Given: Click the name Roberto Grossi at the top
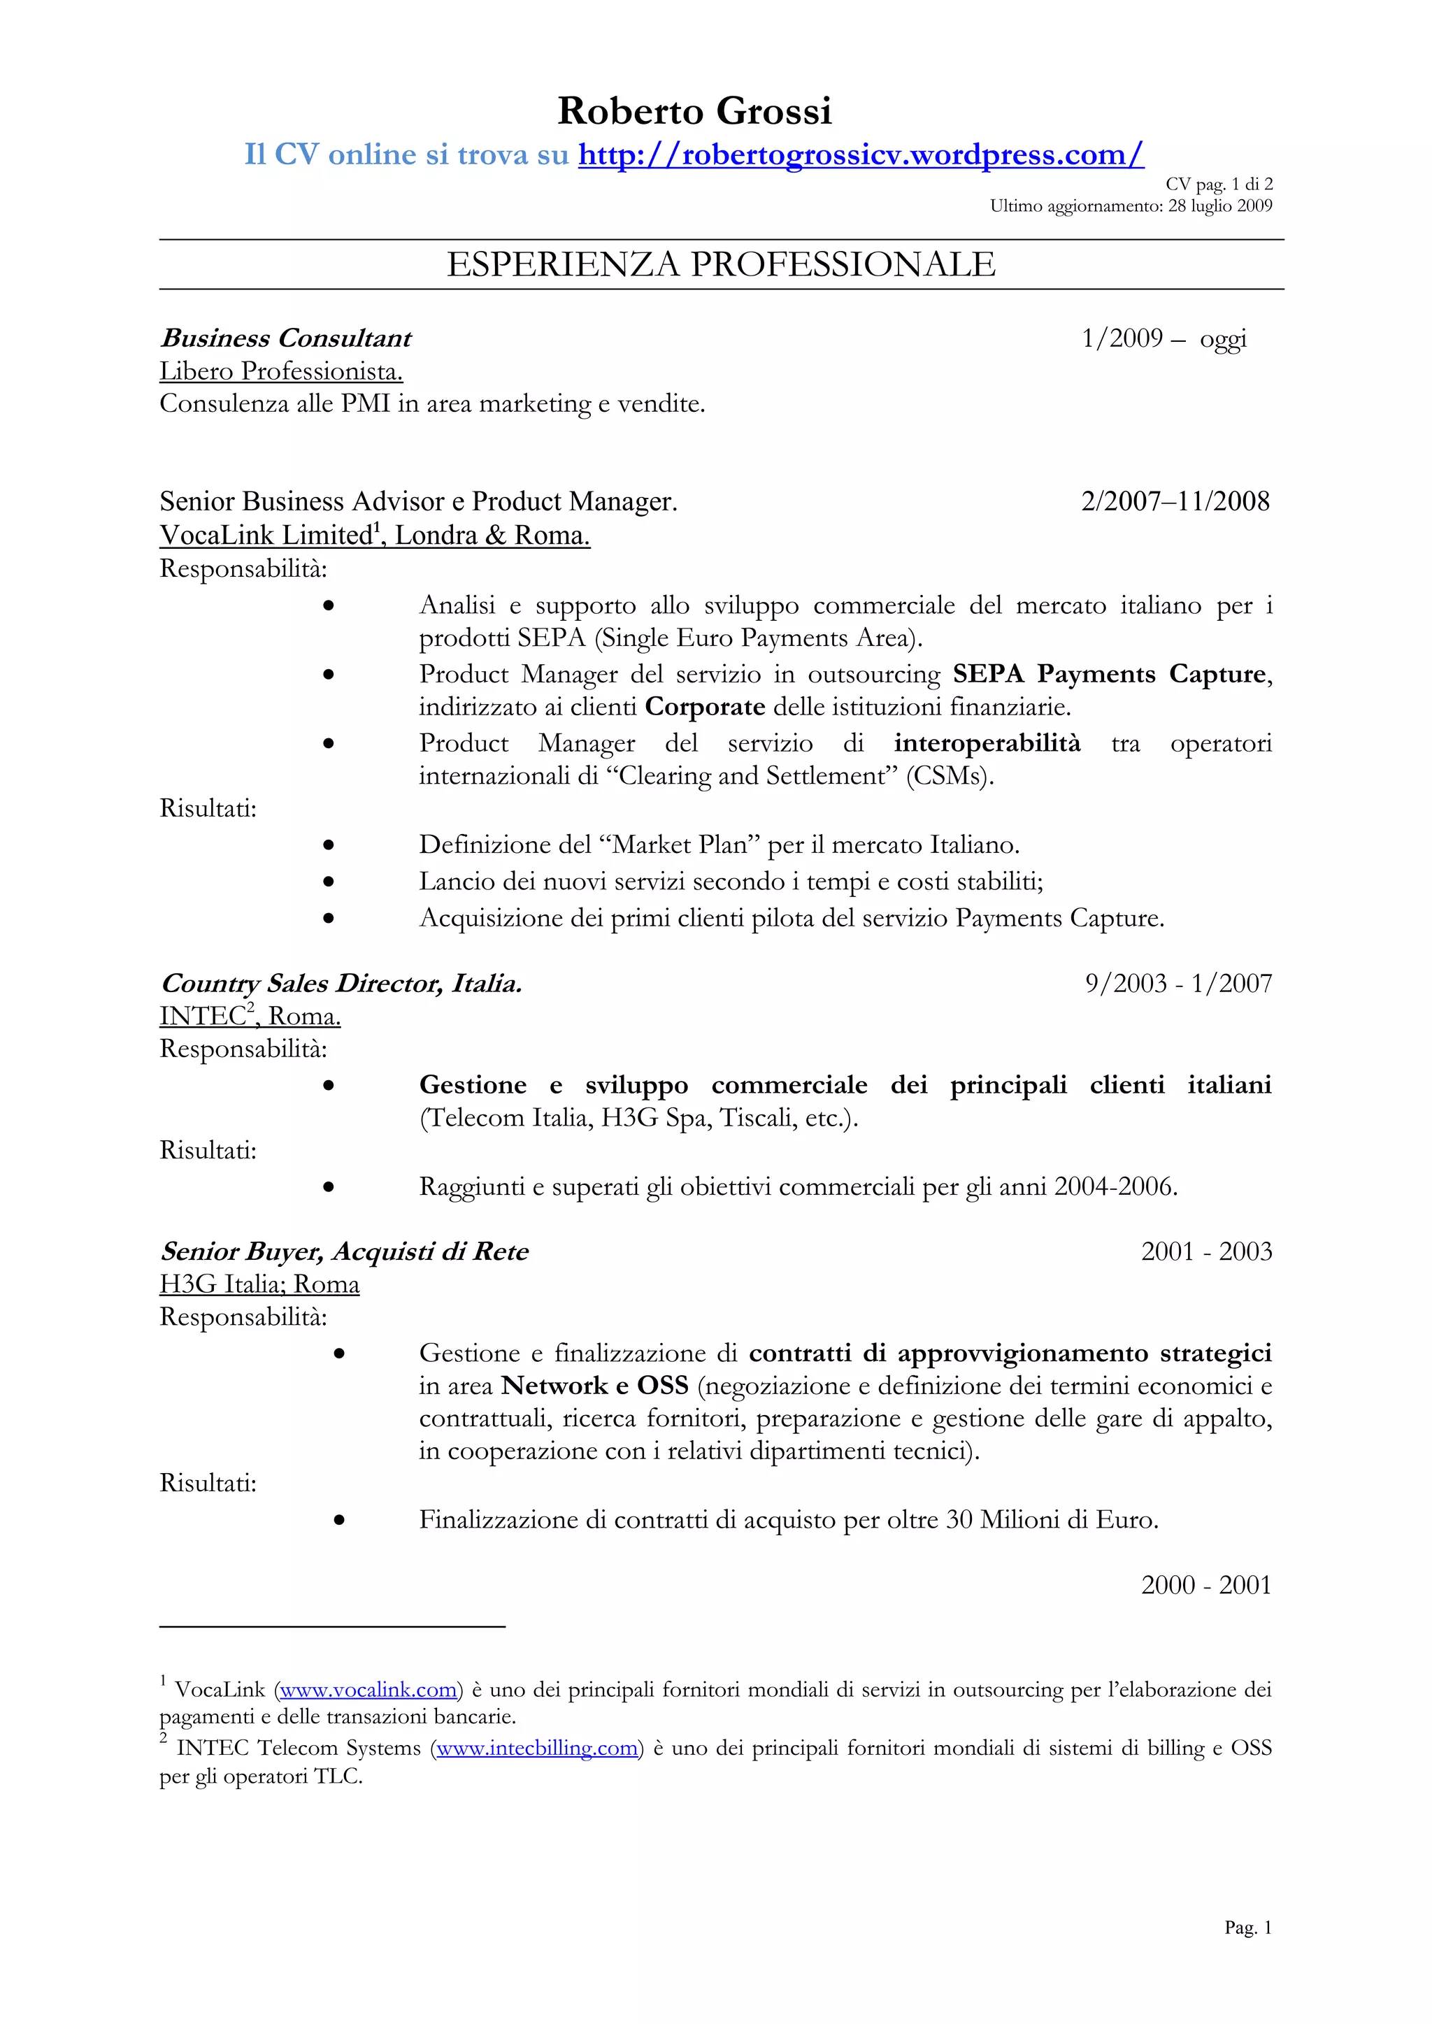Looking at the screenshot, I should (x=695, y=112).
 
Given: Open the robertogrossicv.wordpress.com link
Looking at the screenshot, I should (x=861, y=155).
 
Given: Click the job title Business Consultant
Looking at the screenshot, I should (x=286, y=338).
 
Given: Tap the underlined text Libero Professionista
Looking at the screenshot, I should (x=280, y=371).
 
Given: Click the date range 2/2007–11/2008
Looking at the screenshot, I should (x=1175, y=501).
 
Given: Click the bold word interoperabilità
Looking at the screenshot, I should (x=987, y=743).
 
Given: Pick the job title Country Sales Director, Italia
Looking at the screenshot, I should (x=341, y=984).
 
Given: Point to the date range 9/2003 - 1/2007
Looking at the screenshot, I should (x=1178, y=984).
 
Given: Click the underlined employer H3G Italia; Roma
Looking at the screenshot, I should (x=259, y=1284).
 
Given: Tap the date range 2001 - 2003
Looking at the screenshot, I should (x=1205, y=1251).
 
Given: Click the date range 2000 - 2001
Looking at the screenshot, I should (x=1205, y=1585).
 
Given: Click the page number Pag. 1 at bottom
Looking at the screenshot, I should (x=1247, y=1928).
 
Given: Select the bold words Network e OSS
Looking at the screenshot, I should (x=594, y=1386).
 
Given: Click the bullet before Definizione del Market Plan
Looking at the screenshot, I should (x=328, y=845).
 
